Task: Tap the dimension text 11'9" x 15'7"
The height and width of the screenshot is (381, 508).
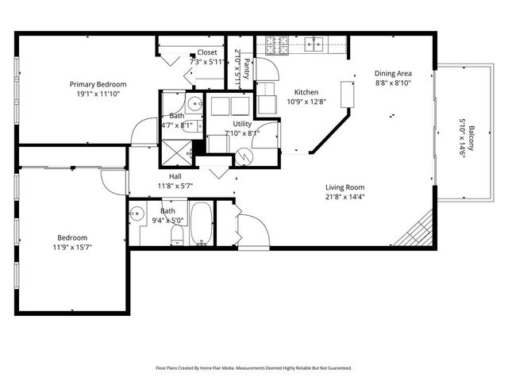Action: pos(71,248)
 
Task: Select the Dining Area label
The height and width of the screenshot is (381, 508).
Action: pos(393,74)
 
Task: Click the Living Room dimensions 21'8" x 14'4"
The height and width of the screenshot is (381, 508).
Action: pos(344,198)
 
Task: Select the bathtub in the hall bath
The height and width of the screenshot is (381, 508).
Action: pos(202,225)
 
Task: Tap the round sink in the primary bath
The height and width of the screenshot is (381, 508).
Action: pos(194,103)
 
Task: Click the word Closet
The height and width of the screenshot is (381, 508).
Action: pos(206,52)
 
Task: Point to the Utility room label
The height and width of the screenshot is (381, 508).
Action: pos(241,125)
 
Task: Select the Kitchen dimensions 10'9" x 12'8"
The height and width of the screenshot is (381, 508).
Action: pos(306,101)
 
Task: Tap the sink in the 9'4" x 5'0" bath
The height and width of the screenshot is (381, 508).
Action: pos(138,214)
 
